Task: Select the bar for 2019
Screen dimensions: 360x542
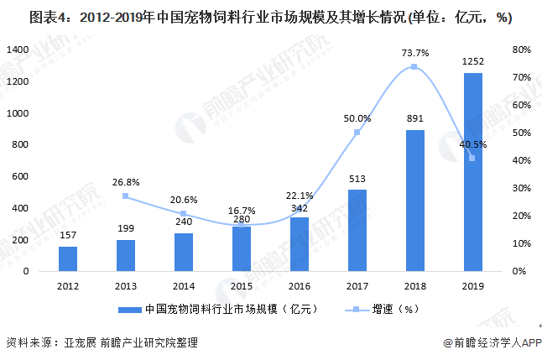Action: (x=472, y=172)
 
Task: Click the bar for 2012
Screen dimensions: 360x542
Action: (x=67, y=258)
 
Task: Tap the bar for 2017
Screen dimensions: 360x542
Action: (x=357, y=230)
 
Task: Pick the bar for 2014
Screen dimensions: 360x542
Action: (x=183, y=252)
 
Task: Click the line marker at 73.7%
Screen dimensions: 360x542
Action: (x=414, y=67)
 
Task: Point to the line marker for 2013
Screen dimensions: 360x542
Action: (x=125, y=196)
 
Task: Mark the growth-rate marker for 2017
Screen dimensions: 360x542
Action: (x=357, y=133)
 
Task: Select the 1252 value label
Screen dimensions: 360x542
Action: (x=472, y=61)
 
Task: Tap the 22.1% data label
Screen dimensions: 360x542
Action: (x=299, y=195)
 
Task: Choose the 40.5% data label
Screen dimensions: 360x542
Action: (x=472, y=144)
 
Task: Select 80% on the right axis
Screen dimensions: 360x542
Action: (x=521, y=50)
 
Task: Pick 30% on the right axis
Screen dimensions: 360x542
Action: (x=521, y=188)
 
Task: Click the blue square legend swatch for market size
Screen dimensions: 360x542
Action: (x=128, y=310)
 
